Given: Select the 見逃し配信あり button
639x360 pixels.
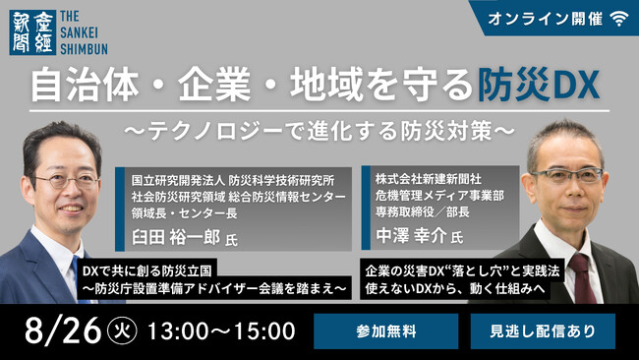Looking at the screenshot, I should click(x=543, y=330).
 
